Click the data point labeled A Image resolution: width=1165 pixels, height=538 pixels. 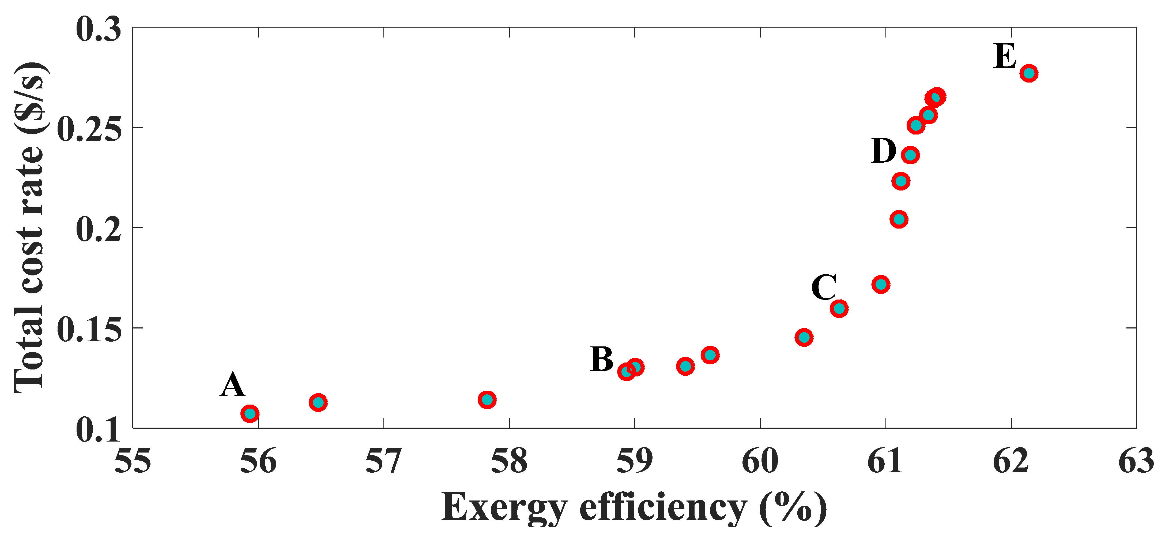click(250, 413)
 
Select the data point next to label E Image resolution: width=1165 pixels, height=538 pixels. click(1029, 73)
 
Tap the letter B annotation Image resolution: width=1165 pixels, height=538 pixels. click(601, 360)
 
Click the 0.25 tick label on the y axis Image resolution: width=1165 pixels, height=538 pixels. click(89, 129)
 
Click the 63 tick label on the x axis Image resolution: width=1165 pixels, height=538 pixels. click(1136, 462)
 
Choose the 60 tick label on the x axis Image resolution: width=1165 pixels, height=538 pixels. click(760, 462)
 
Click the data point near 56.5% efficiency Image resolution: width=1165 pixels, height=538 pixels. click(318, 402)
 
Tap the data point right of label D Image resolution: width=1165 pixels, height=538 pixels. click(910, 155)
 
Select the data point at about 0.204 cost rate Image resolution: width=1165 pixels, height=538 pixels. click(899, 219)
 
